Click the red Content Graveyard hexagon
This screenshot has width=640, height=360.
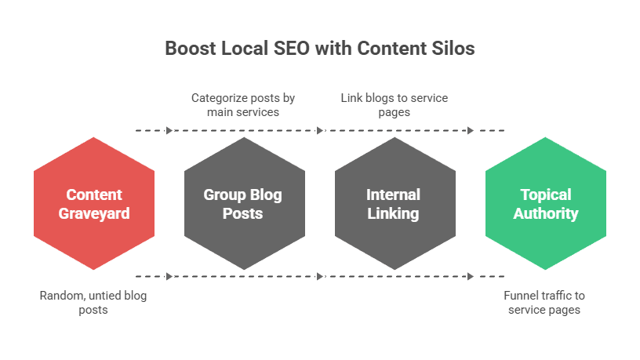[94, 203]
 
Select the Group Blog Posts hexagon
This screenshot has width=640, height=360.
[245, 203]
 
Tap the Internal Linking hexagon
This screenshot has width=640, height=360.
[395, 203]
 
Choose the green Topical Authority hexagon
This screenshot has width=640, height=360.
[546, 203]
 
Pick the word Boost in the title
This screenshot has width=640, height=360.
[191, 48]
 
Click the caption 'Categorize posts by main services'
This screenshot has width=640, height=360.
[243, 105]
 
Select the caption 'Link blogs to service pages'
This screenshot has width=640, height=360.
[395, 105]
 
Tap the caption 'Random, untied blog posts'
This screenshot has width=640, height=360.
[93, 303]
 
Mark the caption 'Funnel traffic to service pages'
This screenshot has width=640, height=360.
[544, 303]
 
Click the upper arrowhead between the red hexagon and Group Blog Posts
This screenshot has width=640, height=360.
[169, 131]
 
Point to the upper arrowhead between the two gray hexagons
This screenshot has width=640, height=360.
[320, 131]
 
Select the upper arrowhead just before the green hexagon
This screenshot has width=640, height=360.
[471, 131]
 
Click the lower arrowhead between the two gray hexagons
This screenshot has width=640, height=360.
[320, 276]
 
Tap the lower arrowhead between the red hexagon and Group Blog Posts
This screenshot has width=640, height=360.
[169, 276]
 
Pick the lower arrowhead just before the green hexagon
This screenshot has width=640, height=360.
[471, 276]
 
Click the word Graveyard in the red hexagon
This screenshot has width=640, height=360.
[94, 214]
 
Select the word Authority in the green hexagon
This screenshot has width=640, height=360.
[546, 214]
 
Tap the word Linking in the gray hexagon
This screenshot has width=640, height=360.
[393, 214]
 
